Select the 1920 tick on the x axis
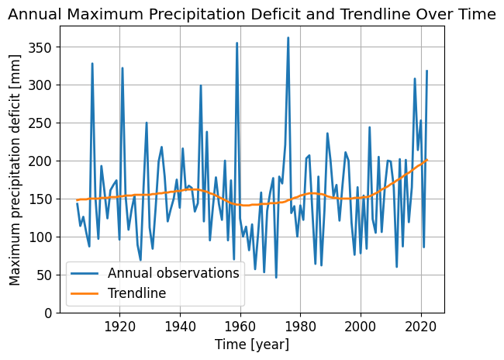pyautogui.click(x=120, y=327)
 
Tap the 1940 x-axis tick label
pyautogui.click(x=180, y=327)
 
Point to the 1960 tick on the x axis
pyautogui.click(x=240, y=327)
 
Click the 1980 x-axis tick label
pyautogui.click(x=300, y=327)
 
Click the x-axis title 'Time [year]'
pyautogui.click(x=251, y=344)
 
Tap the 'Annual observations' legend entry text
pyautogui.click(x=173, y=273)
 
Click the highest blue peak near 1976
pyautogui.click(x=288, y=37)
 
